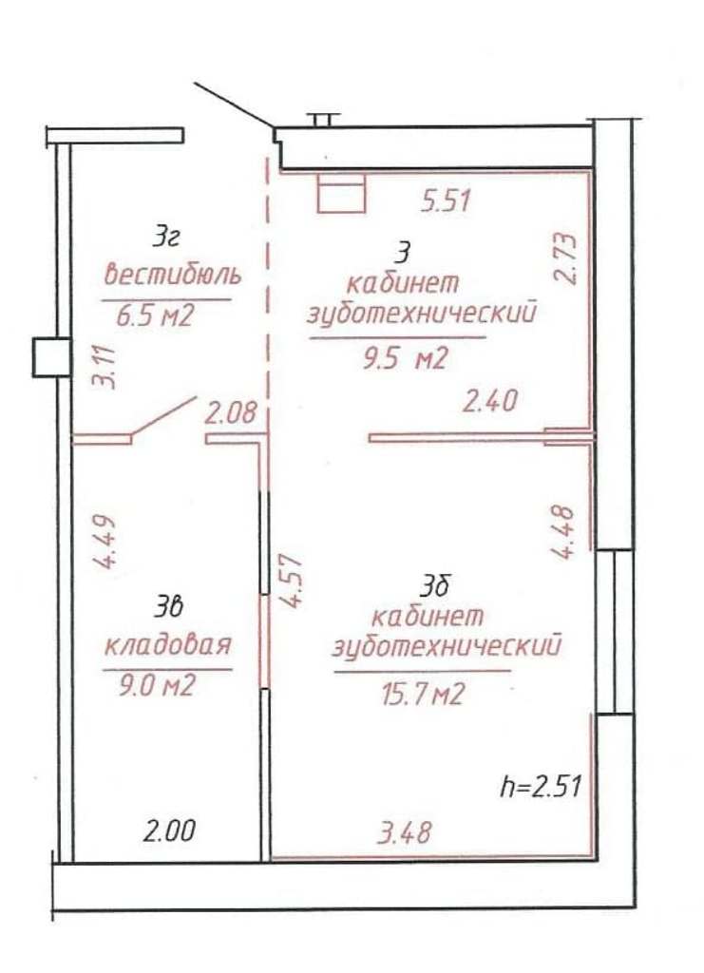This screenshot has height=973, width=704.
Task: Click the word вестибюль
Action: [172, 274]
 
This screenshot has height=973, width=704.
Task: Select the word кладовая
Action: [167, 645]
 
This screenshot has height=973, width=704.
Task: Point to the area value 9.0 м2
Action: [157, 686]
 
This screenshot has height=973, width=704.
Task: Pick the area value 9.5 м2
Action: [405, 358]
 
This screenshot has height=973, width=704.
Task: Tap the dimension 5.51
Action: [446, 201]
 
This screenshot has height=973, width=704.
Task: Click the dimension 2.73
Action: [565, 258]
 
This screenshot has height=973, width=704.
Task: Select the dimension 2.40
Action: [490, 401]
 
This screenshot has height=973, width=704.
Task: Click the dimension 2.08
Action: [231, 412]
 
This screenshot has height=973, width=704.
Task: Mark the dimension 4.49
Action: [105, 543]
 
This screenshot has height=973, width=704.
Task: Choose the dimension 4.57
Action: [291, 581]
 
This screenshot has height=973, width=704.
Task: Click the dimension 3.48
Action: [405, 832]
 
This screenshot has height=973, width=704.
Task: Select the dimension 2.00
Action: [169, 830]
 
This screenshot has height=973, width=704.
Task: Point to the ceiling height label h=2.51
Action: [541, 786]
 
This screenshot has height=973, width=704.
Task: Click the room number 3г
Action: [166, 238]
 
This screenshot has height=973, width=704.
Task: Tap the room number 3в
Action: [169, 608]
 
